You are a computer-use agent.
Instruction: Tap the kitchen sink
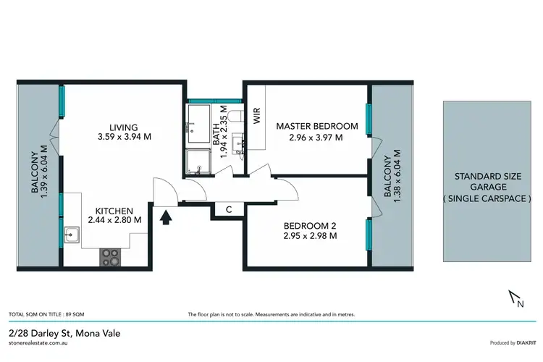[x=71, y=235]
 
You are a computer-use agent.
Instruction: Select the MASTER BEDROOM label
[x=317, y=126]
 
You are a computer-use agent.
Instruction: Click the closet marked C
[x=228, y=210]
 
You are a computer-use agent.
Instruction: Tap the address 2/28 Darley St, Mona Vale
[x=64, y=333]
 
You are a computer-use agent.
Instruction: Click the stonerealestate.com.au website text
[x=42, y=345]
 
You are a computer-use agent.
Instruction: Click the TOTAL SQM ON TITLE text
[x=38, y=315]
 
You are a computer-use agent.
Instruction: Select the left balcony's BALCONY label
[x=34, y=177]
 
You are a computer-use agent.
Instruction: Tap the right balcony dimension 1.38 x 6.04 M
[x=397, y=177]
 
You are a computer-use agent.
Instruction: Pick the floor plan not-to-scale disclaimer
[x=271, y=315]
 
